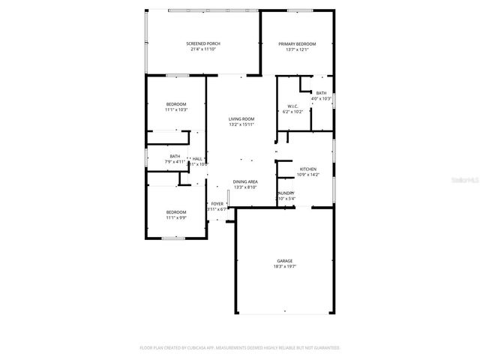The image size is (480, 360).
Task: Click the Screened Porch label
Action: click(203, 43)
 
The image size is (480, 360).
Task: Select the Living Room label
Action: click(241, 118)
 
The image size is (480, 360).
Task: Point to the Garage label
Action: click(284, 261)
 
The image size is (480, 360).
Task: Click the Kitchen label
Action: click(308, 169)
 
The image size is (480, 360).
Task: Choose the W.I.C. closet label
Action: click(293, 106)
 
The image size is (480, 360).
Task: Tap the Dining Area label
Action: click(245, 181)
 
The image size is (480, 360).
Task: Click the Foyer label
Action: click(217, 203)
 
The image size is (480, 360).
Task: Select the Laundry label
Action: click(286, 193)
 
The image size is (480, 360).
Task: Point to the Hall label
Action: click(197, 158)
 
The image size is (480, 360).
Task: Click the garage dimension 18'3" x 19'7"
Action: click(284, 266)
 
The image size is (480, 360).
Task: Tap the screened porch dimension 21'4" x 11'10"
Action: click(203, 49)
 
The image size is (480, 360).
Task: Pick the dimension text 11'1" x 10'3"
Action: click(176, 109)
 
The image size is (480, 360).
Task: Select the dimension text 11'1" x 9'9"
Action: click(176, 217)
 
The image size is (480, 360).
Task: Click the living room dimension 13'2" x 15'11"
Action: click(241, 124)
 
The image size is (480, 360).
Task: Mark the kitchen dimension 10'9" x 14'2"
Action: click(308, 175)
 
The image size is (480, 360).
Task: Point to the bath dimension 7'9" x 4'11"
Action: click(175, 161)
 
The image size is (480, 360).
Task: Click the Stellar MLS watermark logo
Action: click(463, 181)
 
